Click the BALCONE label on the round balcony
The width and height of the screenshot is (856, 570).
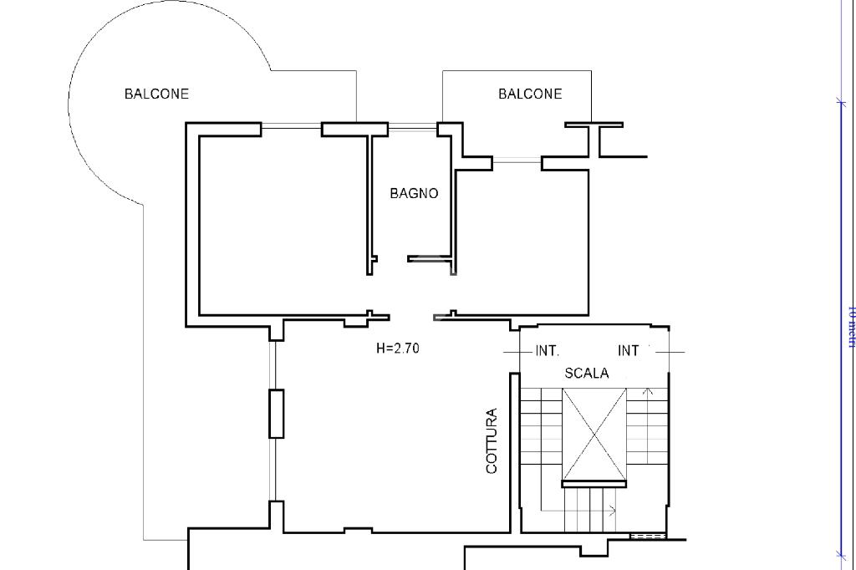(156, 94)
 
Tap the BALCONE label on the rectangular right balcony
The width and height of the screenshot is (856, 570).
(530, 94)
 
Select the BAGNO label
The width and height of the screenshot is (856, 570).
(414, 193)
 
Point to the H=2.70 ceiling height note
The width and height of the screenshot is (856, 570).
(398, 349)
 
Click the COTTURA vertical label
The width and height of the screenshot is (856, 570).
(492, 441)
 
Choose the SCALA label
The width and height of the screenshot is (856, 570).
(586, 374)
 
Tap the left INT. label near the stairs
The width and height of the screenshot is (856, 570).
(547, 351)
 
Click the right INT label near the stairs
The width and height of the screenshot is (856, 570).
(628, 351)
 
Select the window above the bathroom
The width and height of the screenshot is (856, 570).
(413, 128)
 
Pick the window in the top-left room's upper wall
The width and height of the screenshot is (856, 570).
(291, 128)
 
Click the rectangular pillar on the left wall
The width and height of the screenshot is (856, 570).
(276, 413)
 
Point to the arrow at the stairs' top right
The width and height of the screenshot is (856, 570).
(649, 390)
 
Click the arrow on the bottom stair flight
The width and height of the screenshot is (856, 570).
(613, 510)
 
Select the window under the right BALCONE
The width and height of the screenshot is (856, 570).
(517, 160)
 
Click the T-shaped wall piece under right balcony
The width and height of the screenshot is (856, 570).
(594, 138)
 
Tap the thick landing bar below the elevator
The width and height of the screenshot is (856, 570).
(594, 483)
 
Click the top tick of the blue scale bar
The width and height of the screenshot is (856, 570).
(841, 103)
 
